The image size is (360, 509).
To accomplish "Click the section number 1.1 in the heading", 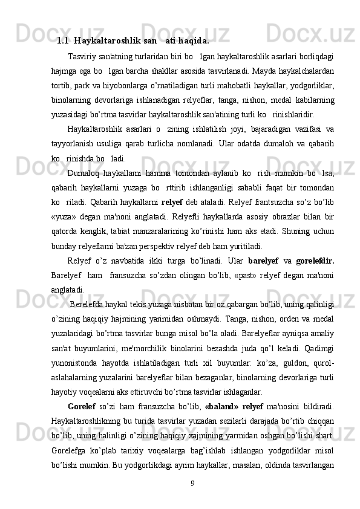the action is pos(62,42).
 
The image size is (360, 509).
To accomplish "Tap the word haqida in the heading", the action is pos(195,42).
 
